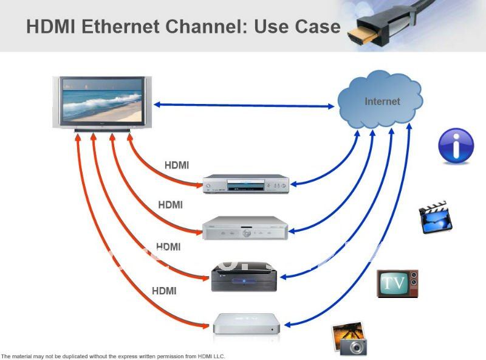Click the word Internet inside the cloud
pos(382,102)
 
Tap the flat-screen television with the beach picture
pos(102,103)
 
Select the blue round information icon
pos(456,145)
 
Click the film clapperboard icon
pos(436,217)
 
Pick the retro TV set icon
pos(397,283)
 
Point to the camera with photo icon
pos(349,339)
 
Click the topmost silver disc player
pos(246,184)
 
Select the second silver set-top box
pos(245,228)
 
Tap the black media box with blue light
pos(244,277)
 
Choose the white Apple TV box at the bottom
pos(247,324)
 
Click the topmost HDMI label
pos(177,165)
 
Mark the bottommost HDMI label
pos(164,291)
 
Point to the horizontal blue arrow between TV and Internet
pos(244,106)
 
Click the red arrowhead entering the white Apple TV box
pos(205,326)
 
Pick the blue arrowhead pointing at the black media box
pos(284,277)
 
